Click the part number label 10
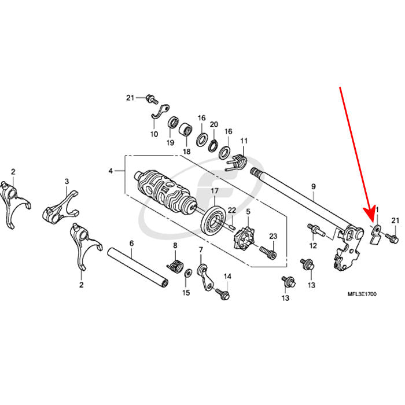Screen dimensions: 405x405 [154, 134]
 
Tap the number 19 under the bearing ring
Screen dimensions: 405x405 [171, 142]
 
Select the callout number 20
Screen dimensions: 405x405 [213, 124]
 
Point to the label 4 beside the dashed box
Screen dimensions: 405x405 [111, 171]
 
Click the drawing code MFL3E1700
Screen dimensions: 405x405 [363, 294]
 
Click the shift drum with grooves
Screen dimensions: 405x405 [164, 190]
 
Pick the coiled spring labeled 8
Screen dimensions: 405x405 [176, 267]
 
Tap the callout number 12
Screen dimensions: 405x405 [312, 246]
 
